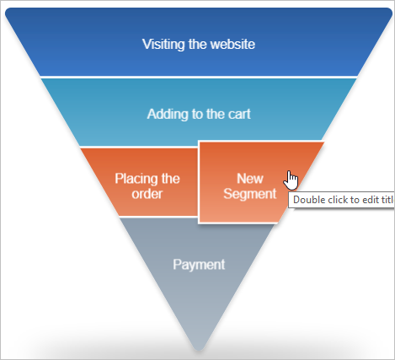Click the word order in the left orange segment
pyautogui.click(x=147, y=194)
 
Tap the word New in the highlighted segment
pyautogui.click(x=250, y=179)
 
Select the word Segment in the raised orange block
pyautogui.click(x=250, y=194)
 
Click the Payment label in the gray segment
pyautogui.click(x=199, y=265)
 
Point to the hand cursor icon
pyautogui.click(x=291, y=180)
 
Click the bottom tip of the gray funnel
pyautogui.click(x=199, y=350)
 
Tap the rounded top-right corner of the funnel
pyautogui.click(x=388, y=12)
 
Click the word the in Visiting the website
pyautogui.click(x=197, y=44)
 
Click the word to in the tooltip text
pyautogui.click(x=354, y=200)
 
